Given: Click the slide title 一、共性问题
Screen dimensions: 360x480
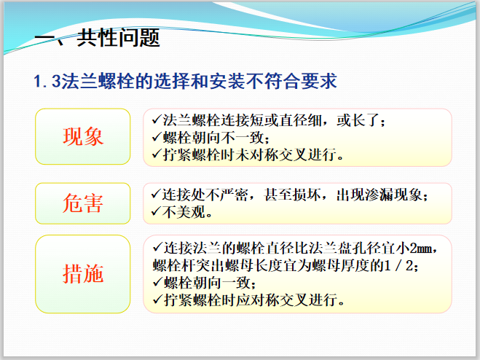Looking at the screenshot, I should click(98, 38).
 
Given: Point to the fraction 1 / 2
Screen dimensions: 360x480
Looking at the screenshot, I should click(399, 266).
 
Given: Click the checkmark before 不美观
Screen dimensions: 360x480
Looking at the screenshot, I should click(155, 212).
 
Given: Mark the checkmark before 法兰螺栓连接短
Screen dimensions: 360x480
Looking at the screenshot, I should click(155, 119).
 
